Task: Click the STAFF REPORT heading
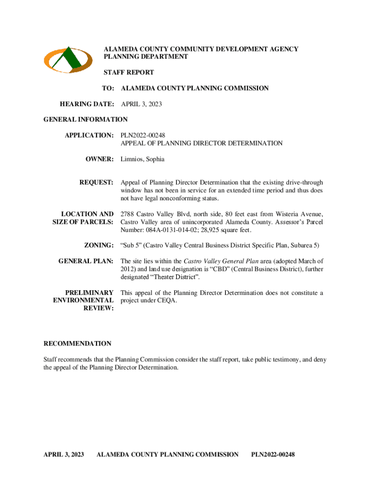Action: tap(129, 73)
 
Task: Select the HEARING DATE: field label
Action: tap(87, 104)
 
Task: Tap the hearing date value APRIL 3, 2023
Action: tap(141, 104)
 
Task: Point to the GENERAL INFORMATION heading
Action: tap(86, 119)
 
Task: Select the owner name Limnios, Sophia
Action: tap(142, 159)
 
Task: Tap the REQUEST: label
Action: tap(96, 183)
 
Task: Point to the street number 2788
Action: tap(128, 214)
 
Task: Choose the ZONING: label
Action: tap(99, 246)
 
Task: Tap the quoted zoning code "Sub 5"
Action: tap(130, 246)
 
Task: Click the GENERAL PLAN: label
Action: tap(86, 261)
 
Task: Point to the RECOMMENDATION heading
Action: tap(77, 344)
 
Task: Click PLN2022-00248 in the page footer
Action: tap(272, 454)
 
